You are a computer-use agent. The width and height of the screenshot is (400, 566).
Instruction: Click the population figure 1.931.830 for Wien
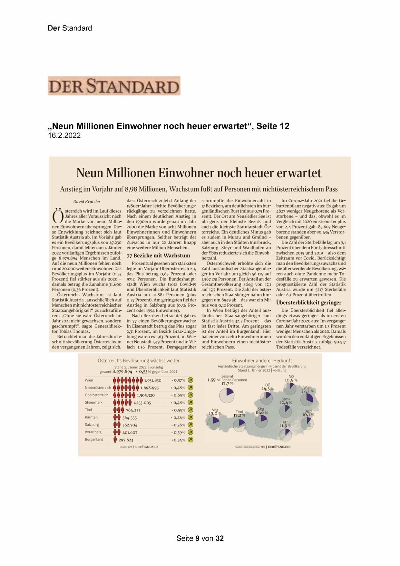coord(153,380)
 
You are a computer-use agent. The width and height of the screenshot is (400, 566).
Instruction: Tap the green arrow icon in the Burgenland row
coord(190,440)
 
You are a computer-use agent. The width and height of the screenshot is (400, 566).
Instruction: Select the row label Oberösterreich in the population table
coord(97,395)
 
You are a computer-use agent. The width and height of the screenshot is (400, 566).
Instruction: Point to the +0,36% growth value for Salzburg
coord(178,425)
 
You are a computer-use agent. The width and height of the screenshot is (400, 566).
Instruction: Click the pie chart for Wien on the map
coord(307,399)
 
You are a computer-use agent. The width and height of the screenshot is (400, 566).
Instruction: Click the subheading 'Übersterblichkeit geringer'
coord(308,303)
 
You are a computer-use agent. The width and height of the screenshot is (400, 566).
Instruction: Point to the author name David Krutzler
coord(87,202)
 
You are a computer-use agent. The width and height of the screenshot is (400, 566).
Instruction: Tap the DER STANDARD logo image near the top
coord(114,86)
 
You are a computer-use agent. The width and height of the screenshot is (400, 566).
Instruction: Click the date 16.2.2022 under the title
coord(64,136)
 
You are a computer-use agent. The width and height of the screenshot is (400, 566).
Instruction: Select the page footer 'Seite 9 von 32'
coord(200,538)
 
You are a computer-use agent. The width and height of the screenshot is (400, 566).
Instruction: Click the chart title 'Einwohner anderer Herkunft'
coord(262,361)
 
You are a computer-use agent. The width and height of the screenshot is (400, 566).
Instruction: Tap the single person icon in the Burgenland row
coord(115,440)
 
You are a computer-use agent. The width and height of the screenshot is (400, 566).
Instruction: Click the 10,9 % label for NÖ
coord(291,380)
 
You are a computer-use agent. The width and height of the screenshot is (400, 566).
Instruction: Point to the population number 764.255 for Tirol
coord(133,410)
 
